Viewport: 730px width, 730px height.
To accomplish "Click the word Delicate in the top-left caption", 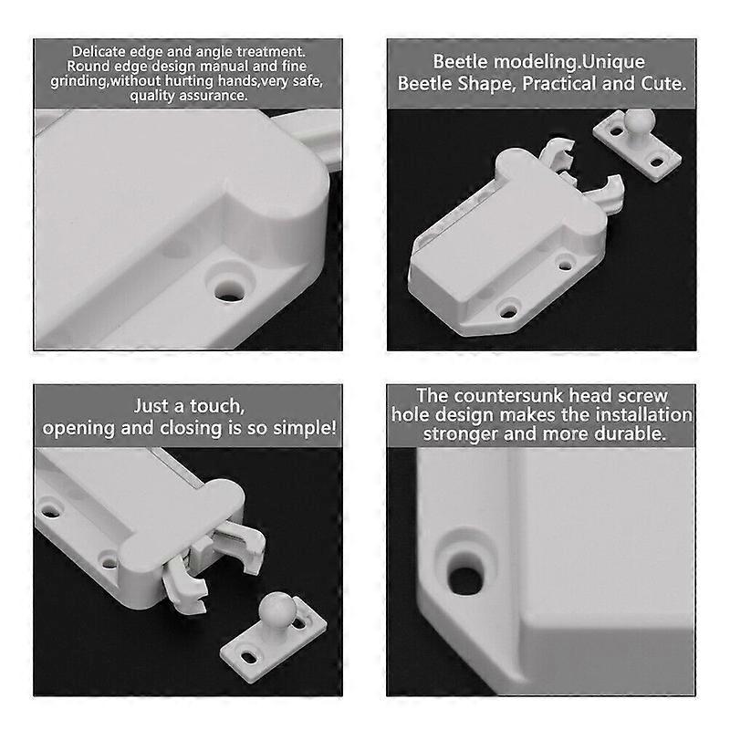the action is coord(99,51).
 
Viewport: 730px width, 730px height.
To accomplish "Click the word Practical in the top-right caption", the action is coord(559,84).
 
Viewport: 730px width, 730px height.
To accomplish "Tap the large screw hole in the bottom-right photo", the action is coord(465,579).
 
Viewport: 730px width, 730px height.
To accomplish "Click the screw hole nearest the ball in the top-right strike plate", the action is coord(617,131).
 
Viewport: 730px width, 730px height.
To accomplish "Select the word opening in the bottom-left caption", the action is coord(78,429).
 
